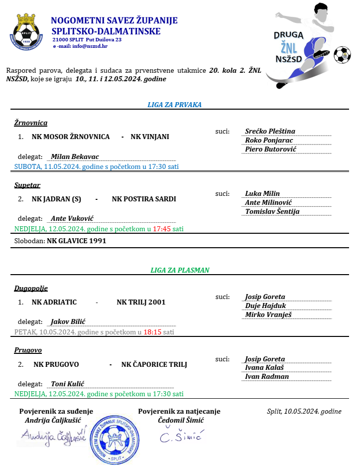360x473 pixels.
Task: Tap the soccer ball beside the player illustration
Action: [x=342, y=55]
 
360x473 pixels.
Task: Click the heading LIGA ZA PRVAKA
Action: [x=174, y=105]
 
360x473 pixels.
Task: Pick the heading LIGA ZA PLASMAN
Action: [x=180, y=270]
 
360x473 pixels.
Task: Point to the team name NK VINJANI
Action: [x=150, y=137]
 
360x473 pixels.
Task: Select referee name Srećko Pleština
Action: [x=270, y=131]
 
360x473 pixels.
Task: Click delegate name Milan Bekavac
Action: [x=75, y=157]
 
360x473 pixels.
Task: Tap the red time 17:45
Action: [x=161, y=229]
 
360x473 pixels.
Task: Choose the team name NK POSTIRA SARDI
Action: [x=144, y=199]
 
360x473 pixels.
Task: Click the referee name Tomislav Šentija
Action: [x=272, y=211]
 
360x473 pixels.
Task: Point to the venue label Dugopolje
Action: [x=31, y=288]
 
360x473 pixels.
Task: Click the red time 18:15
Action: [x=152, y=332]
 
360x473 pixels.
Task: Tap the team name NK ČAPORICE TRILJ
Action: [x=154, y=364]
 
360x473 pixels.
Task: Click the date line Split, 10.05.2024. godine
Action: [x=304, y=411]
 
